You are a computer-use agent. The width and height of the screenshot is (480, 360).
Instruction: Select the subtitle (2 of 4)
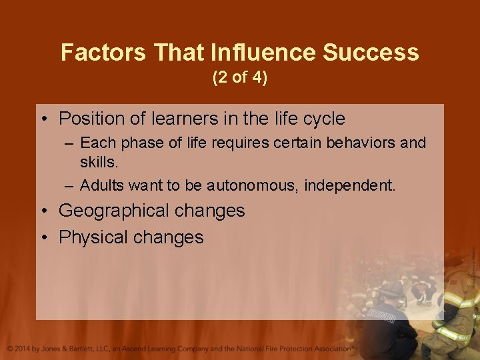click(240, 78)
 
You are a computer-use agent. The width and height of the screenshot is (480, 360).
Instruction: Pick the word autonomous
click(252, 185)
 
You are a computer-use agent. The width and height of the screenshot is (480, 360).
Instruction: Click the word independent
click(350, 185)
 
